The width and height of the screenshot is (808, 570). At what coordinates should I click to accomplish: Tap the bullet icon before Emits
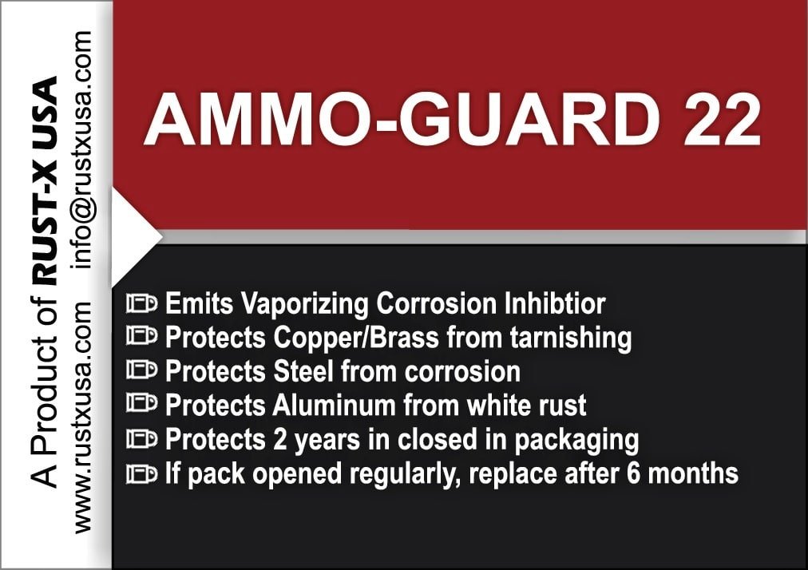141,304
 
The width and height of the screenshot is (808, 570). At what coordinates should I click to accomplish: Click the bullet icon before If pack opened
141,473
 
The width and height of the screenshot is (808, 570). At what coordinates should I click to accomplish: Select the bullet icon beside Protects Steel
141,371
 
